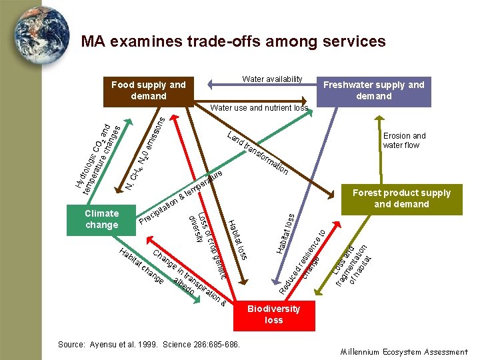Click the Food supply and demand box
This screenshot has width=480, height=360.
pyautogui.click(x=149, y=91)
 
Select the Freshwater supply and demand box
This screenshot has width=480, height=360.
pyautogui.click(x=373, y=91)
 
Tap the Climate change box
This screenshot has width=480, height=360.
pyautogui.click(x=102, y=219)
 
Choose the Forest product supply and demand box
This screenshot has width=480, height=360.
pyautogui.click(x=401, y=199)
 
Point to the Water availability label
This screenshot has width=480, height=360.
pyautogui.click(x=272, y=79)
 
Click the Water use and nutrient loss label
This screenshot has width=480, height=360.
pyautogui.click(x=259, y=107)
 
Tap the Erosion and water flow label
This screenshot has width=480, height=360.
pyautogui.click(x=404, y=141)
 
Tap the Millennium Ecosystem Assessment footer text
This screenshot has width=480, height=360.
pyautogui.click(x=404, y=351)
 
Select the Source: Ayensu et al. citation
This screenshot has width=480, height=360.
pyautogui.click(x=149, y=344)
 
